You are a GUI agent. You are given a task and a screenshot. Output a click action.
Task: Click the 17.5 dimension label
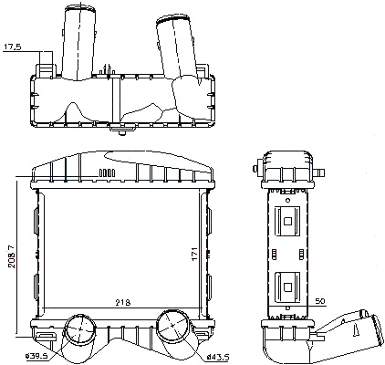click(13, 47)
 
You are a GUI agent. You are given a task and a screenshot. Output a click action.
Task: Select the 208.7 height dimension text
click(12, 257)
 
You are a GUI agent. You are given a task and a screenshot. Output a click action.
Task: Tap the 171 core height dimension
click(195, 254)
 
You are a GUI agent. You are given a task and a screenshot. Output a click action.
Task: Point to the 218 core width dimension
click(123, 303)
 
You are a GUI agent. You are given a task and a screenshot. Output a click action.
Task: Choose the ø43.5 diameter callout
click(217, 357)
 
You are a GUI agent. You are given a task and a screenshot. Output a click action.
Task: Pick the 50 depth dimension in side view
click(319, 301)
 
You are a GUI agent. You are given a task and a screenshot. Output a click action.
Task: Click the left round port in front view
click(80, 329)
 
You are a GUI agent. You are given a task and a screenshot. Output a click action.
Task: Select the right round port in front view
click(172, 325)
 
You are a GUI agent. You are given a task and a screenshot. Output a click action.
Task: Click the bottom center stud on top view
click(122, 133)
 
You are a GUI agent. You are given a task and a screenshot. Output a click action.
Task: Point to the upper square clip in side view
click(287, 221)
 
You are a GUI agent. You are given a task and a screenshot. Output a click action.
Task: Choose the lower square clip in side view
click(287, 287)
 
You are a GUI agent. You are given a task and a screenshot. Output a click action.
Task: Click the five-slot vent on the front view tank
click(107, 172)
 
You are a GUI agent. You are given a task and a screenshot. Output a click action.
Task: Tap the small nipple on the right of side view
click(319, 173)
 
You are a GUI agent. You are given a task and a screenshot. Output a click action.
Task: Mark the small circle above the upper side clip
click(287, 200)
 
